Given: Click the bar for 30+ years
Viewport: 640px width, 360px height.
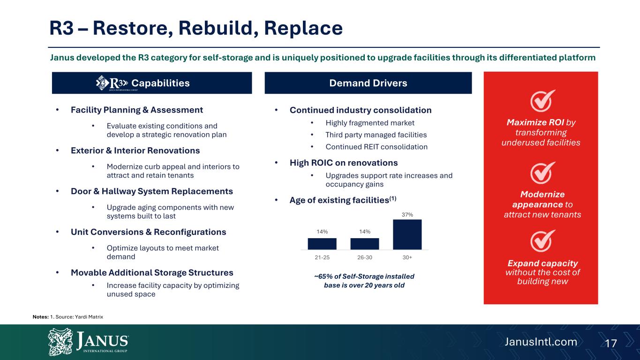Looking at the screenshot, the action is pyautogui.click(x=407, y=234).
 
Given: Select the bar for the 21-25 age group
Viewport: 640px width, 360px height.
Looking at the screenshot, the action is pyautogui.click(x=322, y=244).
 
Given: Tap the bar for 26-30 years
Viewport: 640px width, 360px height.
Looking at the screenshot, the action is pyautogui.click(x=365, y=244).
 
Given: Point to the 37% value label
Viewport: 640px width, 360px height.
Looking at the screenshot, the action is pyautogui.click(x=407, y=215).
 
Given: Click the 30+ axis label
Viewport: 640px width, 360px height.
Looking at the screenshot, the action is pyautogui.click(x=407, y=257).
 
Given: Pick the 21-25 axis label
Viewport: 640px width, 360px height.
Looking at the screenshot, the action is pyautogui.click(x=322, y=257).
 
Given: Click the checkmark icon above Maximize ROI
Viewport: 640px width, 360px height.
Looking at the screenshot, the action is pyautogui.click(x=542, y=101).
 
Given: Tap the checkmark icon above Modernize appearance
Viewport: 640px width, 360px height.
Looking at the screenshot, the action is pyautogui.click(x=542, y=173).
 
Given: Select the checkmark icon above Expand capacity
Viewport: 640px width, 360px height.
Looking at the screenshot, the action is pyautogui.click(x=542, y=241).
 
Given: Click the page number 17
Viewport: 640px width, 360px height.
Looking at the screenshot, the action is pyautogui.click(x=611, y=343).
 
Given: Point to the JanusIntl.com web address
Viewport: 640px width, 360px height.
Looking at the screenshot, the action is pyautogui.click(x=541, y=342).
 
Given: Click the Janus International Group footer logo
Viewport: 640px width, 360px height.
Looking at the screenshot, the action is pyautogui.click(x=88, y=342).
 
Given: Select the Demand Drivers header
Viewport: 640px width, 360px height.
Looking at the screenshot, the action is pyautogui.click(x=368, y=83).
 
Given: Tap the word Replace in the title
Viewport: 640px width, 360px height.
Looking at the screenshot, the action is pyautogui.click(x=303, y=28).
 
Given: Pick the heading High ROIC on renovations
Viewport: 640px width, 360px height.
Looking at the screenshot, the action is pyautogui.click(x=343, y=163).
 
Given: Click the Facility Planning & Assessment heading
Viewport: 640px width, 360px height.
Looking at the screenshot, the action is pyautogui.click(x=137, y=110).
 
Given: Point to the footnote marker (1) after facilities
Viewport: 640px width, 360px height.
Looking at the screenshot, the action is pyautogui.click(x=393, y=198).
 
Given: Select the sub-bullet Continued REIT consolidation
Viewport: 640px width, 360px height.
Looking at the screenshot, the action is pyautogui.click(x=376, y=147).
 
